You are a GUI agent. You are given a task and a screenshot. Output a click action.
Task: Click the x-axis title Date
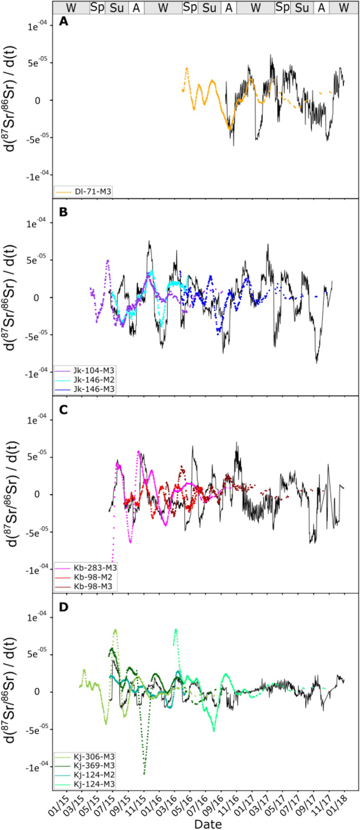point(204,823)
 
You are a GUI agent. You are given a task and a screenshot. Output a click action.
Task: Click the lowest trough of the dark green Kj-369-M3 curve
point(144,774)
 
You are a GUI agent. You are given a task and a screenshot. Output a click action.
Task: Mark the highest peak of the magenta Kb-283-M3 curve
point(139,452)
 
